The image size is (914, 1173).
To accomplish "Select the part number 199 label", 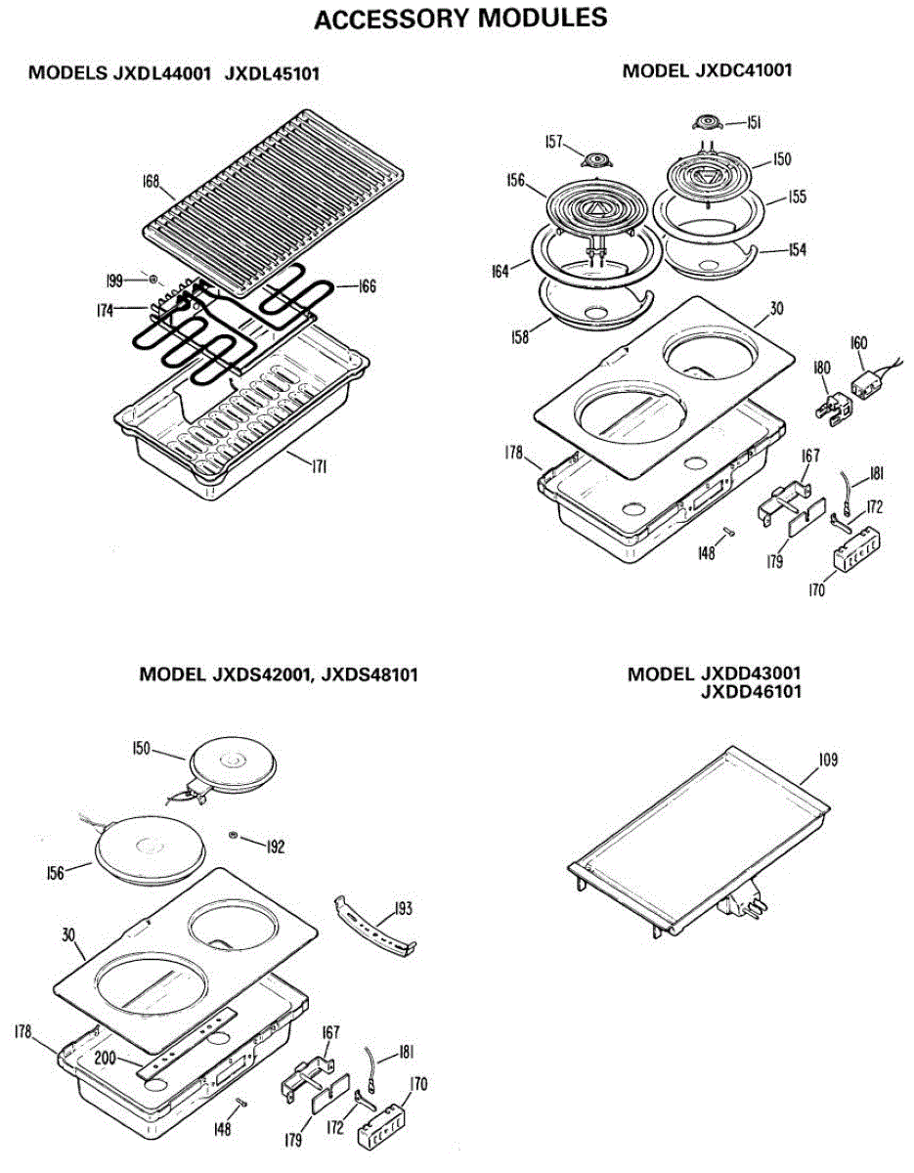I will coord(115,281).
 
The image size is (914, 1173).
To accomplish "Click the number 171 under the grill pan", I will coord(318,467).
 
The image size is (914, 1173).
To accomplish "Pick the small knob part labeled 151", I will coord(704,123).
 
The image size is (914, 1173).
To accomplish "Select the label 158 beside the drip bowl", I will coord(519,337).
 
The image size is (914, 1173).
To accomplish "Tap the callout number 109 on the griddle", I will coord(828,759).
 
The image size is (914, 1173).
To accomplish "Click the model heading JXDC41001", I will coord(707,70).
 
